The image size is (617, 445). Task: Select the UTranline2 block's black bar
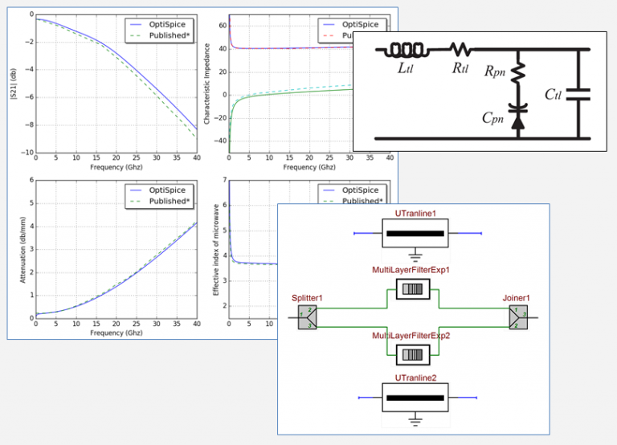click(415, 398)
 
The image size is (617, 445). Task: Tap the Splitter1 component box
click(308, 318)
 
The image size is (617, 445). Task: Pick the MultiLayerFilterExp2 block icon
click(415, 353)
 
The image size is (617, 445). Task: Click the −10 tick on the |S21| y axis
click(26, 153)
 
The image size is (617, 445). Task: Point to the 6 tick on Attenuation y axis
click(30, 181)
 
